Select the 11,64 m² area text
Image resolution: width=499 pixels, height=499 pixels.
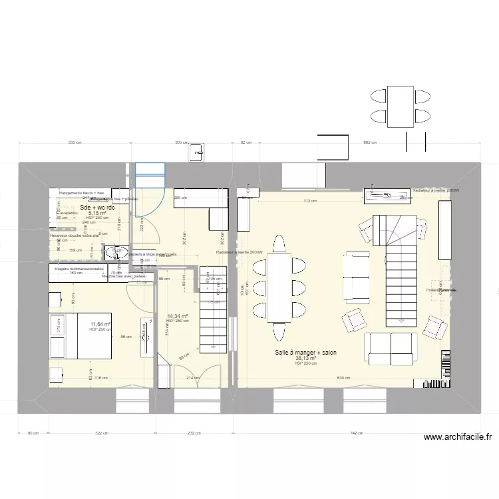tap(100, 324)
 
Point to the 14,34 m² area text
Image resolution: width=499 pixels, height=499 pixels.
tap(178, 316)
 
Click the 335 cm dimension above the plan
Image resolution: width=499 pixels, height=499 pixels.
tap(75, 142)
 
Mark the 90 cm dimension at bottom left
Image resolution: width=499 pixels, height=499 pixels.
tap(32, 433)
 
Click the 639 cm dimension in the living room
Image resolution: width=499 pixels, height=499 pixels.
tap(343, 379)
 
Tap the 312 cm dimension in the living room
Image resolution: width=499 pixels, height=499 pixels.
tap(309, 201)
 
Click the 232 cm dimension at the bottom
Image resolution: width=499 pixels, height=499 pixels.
tap(194, 433)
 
